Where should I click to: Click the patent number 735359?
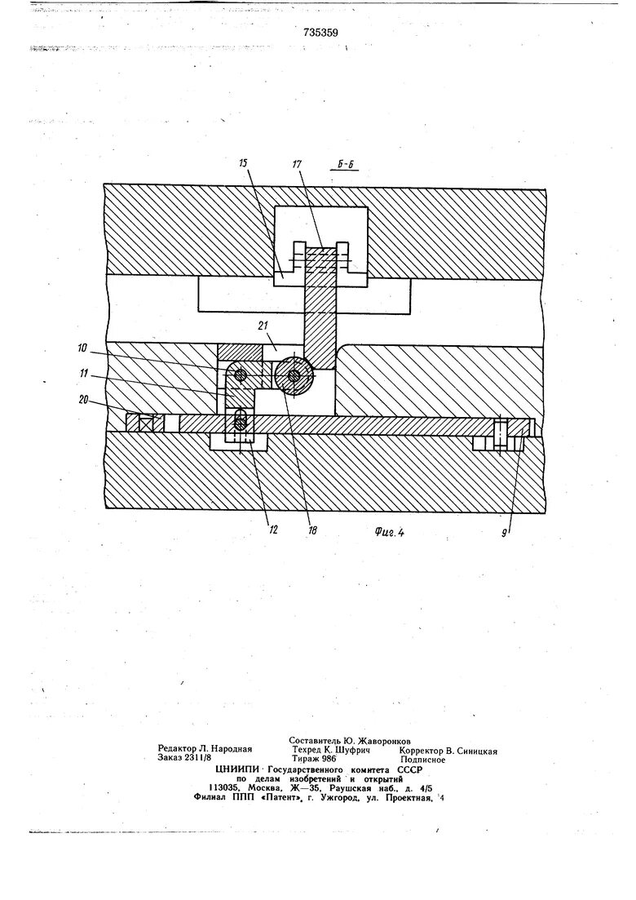click(317, 33)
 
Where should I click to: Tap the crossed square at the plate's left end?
click(148, 423)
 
